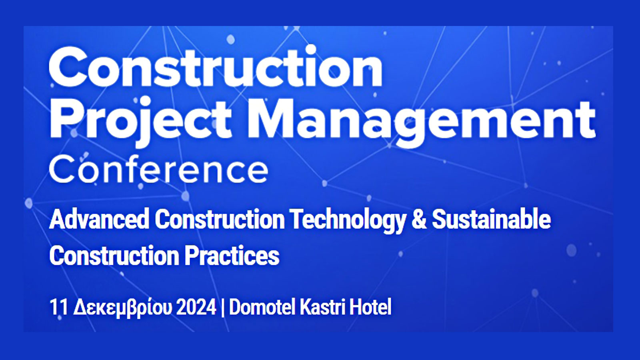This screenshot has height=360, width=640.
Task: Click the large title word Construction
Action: (x=216, y=67)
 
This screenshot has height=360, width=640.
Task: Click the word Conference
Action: (x=158, y=170)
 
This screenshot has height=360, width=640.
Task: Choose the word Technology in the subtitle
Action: (x=348, y=220)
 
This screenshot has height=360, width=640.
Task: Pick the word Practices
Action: (x=232, y=256)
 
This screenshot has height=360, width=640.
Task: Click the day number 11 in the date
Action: (x=59, y=307)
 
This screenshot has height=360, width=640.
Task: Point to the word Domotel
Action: (x=262, y=307)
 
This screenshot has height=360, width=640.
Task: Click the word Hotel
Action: (x=370, y=307)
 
